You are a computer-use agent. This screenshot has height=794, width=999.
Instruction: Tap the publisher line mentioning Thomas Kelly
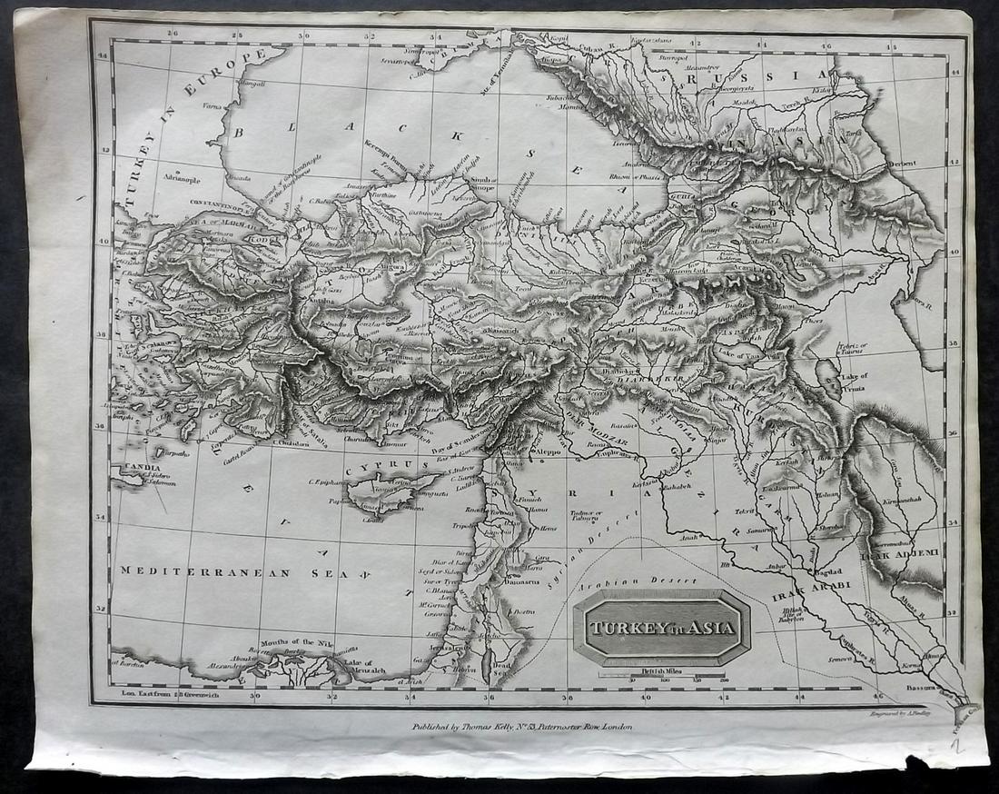point(521,726)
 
